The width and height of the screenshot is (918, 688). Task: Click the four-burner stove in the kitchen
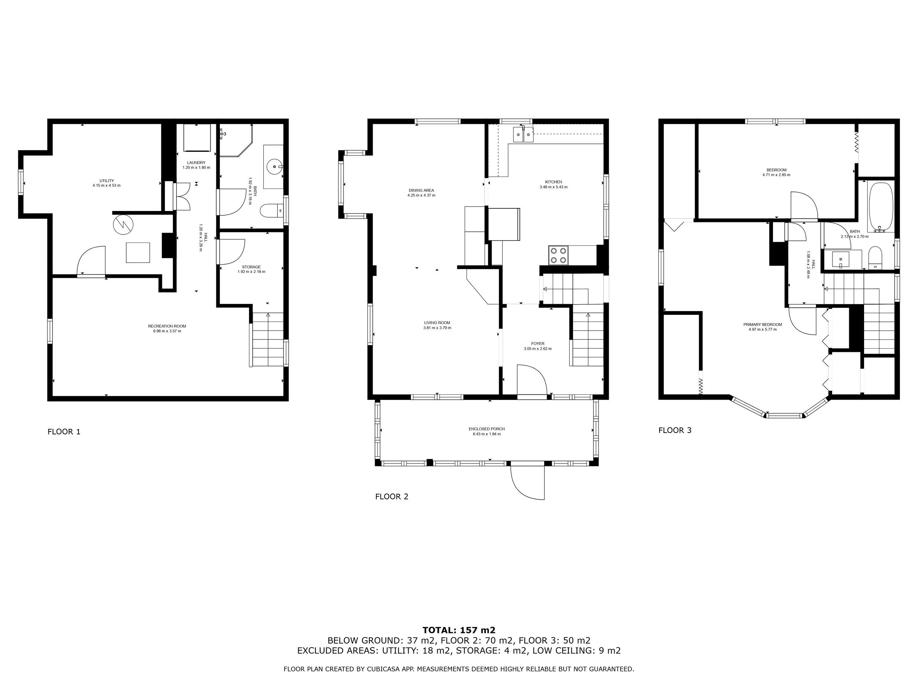pos(558,255)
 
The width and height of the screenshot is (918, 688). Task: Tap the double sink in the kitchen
pos(523,134)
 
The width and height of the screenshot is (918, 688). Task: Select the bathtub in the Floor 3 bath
pos(881,207)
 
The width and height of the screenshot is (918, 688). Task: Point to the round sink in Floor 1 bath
pos(274,167)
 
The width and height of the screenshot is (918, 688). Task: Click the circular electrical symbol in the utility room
pos(123,224)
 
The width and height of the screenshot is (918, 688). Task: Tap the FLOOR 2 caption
pos(391,496)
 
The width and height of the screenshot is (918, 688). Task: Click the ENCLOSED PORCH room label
pos(487,429)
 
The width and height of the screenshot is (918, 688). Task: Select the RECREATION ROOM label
pos(167,326)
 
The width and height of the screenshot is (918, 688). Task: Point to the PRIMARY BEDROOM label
pos(762,325)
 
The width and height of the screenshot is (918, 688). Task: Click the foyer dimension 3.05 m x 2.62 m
pos(538,349)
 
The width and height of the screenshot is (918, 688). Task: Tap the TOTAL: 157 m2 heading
pos(459,630)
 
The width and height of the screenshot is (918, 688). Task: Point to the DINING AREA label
pos(421,190)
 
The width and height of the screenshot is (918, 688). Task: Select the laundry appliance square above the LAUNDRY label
pos(197,138)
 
